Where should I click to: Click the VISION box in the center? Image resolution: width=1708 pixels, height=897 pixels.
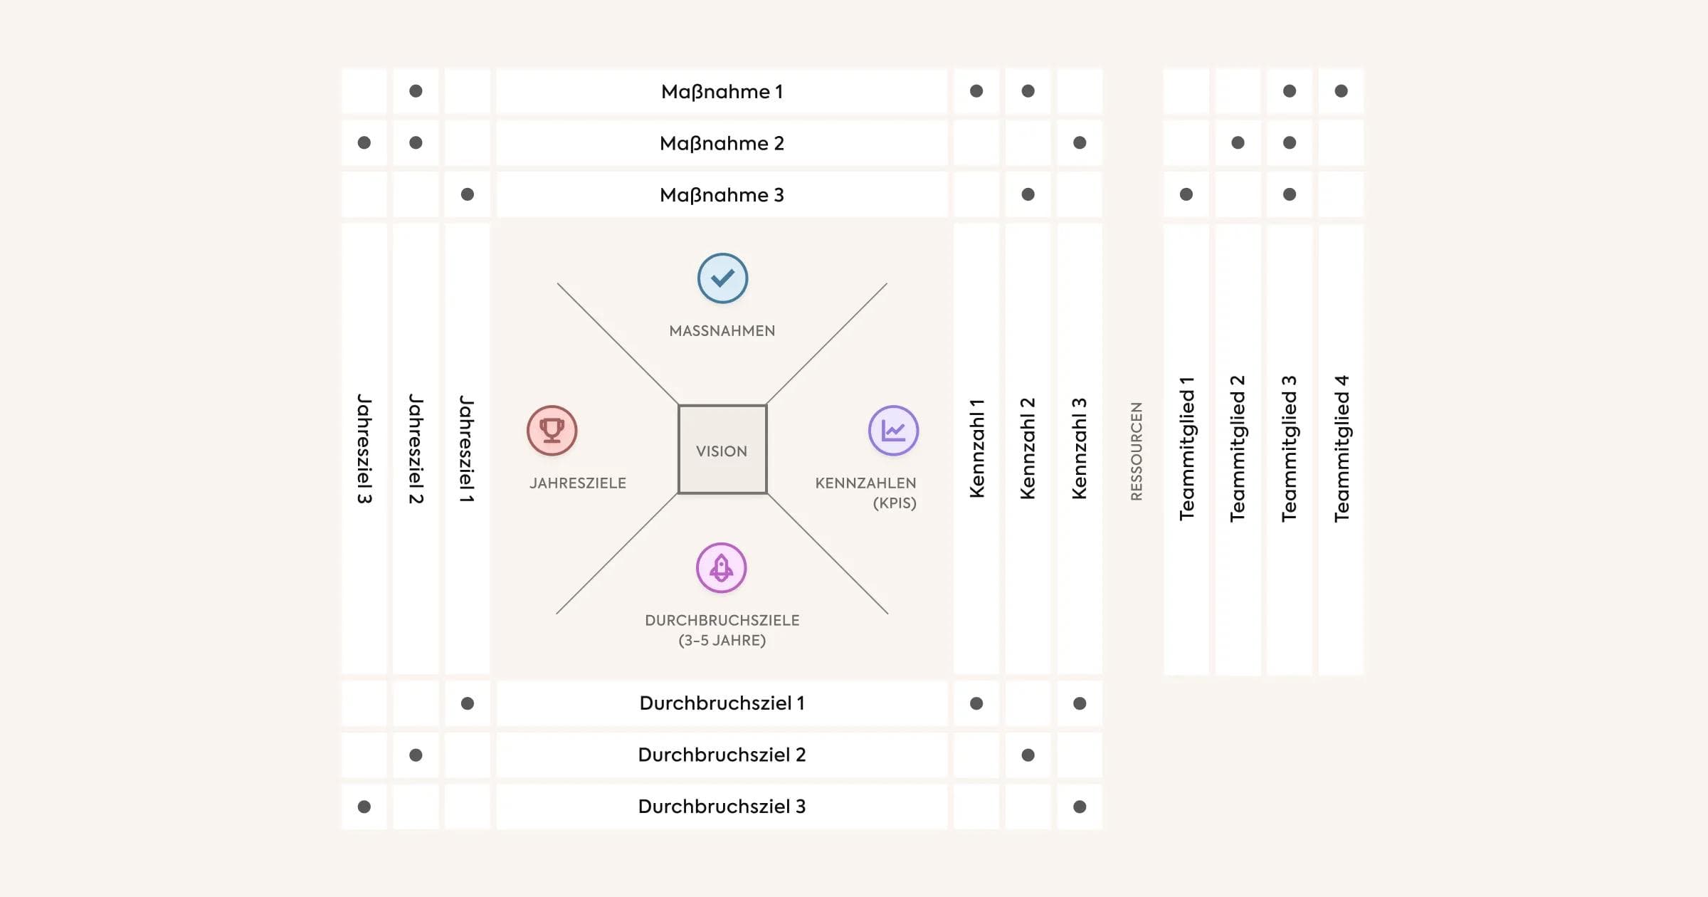click(722, 450)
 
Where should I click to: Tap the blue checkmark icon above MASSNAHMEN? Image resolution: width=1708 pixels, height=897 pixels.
click(722, 278)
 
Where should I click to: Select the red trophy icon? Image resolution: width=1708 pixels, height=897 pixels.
click(552, 430)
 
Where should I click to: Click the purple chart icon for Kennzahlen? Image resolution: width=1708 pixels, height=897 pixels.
click(893, 430)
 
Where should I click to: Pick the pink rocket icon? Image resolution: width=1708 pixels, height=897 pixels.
click(721, 567)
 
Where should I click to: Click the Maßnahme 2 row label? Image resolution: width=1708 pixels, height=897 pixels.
click(722, 143)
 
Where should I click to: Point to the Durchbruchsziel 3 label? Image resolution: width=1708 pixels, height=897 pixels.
click(722, 807)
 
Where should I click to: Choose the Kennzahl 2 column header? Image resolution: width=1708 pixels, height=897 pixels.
click(1028, 448)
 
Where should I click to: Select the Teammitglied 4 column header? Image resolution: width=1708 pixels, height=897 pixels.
click(1341, 448)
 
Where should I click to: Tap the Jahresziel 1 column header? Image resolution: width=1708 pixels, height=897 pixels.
click(467, 448)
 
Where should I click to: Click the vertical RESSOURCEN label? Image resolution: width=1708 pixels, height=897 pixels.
click(1136, 451)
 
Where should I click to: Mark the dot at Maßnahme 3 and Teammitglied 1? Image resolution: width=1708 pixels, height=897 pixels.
click(1186, 194)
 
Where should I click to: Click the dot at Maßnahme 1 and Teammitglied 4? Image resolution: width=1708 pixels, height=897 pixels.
click(1341, 91)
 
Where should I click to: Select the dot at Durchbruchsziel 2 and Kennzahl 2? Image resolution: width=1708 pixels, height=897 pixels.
click(1028, 755)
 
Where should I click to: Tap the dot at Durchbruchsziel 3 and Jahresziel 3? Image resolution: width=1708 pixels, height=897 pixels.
click(364, 807)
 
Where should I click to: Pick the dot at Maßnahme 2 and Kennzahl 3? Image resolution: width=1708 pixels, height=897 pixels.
click(1080, 143)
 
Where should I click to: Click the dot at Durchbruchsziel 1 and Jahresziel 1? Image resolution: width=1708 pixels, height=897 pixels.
click(467, 703)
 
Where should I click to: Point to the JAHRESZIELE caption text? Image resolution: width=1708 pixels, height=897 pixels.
click(577, 483)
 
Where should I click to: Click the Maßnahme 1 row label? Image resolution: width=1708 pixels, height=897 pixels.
click(722, 92)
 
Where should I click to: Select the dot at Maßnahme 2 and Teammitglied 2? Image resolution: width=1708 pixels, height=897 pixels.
click(1238, 143)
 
